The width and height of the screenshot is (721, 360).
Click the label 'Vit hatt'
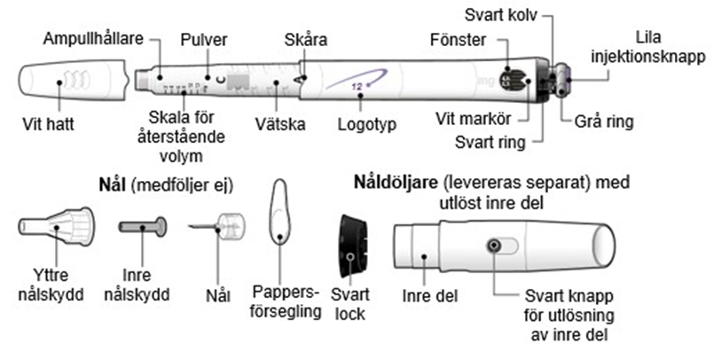tap(48, 124)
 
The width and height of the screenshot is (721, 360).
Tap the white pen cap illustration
tap(73, 82)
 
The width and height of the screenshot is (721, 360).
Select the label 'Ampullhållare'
tap(93, 39)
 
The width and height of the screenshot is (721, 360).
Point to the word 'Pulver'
tap(204, 40)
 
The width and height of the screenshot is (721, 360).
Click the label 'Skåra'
tap(306, 40)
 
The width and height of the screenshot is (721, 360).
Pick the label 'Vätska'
tap(280, 124)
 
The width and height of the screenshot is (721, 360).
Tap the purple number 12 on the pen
tap(357, 86)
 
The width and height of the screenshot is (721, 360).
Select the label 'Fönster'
tap(458, 40)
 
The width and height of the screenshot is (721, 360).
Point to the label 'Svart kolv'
tap(501, 15)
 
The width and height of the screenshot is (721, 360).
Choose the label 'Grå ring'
tap(604, 121)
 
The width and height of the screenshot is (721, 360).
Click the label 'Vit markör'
tap(474, 119)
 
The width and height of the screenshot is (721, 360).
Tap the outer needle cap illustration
tap(56, 226)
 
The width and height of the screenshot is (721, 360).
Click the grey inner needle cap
tap(143, 227)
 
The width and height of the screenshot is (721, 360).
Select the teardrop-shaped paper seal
tap(279, 213)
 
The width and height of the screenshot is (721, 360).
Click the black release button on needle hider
tap(494, 246)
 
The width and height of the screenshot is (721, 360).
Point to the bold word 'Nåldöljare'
tap(396, 183)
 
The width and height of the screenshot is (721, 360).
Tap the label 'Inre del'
tap(430, 296)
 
